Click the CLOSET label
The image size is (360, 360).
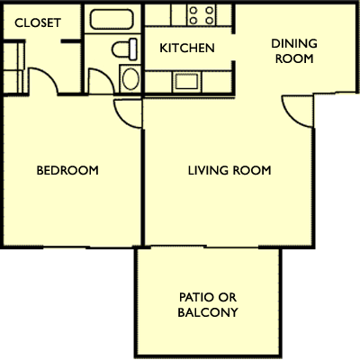[38, 23]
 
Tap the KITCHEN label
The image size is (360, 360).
[187, 48]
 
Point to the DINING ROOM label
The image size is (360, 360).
[294, 51]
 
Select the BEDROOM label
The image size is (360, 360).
[67, 170]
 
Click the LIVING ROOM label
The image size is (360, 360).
[229, 170]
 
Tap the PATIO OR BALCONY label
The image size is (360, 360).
[208, 305]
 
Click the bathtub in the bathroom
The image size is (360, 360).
[112, 19]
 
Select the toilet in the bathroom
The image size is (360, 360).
[124, 49]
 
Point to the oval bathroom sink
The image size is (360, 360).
[130, 79]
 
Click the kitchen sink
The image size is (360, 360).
[186, 82]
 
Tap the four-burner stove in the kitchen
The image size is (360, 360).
[202, 15]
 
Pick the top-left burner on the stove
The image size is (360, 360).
[193, 11]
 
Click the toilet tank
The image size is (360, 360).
[133, 49]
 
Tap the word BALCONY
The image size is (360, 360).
[208, 312]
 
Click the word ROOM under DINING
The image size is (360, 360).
[294, 58]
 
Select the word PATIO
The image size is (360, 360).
[193, 297]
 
